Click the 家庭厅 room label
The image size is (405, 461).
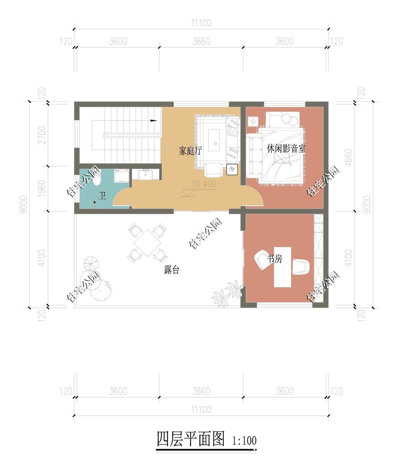(190, 151)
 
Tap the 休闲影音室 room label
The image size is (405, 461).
(286, 149)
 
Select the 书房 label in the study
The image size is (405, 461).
(275, 259)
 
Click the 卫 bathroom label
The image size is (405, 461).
(102, 196)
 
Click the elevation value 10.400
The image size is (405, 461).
(204, 184)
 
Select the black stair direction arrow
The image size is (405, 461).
(154, 120)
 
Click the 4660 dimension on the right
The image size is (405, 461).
(349, 157)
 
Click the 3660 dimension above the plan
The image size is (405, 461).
(201, 41)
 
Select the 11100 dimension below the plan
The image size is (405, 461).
(201, 410)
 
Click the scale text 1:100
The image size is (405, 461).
(244, 441)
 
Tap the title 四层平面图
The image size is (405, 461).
(191, 439)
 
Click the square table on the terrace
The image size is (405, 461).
(147, 243)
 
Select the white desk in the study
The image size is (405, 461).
(282, 267)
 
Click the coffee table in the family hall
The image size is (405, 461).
(214, 140)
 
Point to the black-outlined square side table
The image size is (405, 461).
(232, 169)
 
